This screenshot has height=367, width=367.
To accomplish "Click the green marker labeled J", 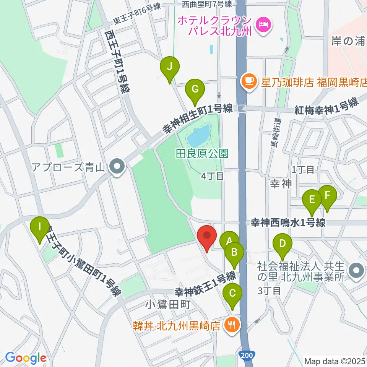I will pos(170,68).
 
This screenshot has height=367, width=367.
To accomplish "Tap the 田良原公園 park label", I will pos(202,154).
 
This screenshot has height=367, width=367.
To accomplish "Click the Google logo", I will pos(26,357).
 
